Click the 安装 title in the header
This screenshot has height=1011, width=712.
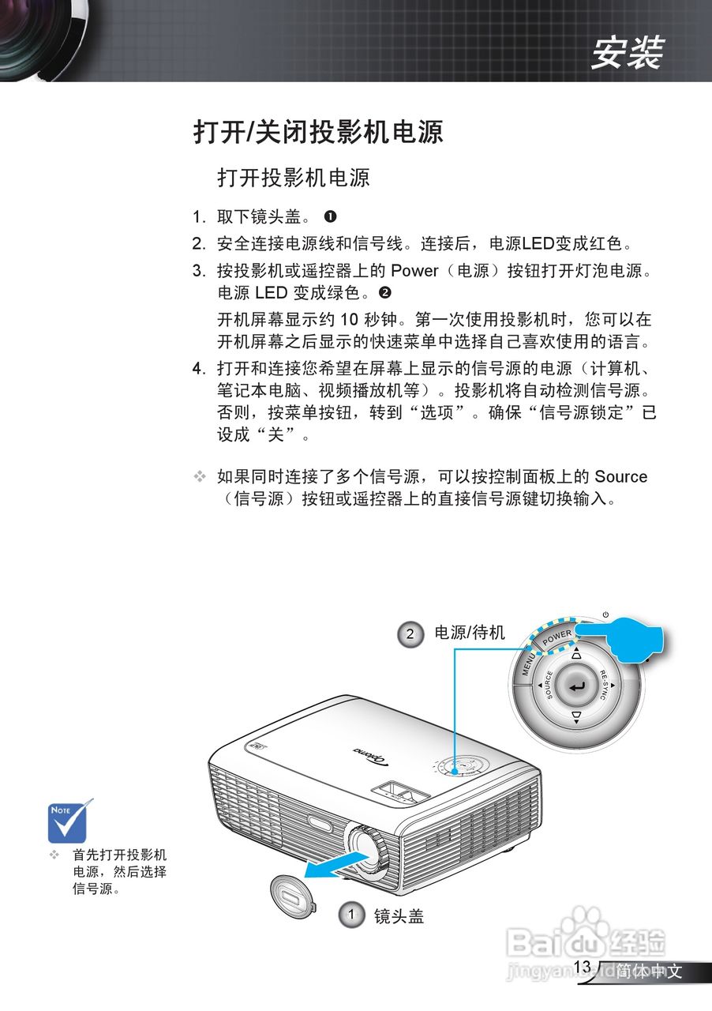(x=628, y=53)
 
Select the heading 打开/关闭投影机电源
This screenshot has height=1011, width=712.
(x=318, y=131)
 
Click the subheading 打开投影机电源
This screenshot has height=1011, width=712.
(x=293, y=177)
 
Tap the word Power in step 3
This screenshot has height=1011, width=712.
(x=414, y=270)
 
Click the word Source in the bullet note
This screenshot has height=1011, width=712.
(x=620, y=476)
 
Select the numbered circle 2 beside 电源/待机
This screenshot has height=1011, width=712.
(x=410, y=633)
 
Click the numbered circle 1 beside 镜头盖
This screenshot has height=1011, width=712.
(x=351, y=915)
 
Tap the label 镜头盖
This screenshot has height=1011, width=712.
(x=399, y=915)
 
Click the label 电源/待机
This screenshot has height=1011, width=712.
(x=470, y=633)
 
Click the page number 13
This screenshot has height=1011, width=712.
(x=583, y=966)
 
